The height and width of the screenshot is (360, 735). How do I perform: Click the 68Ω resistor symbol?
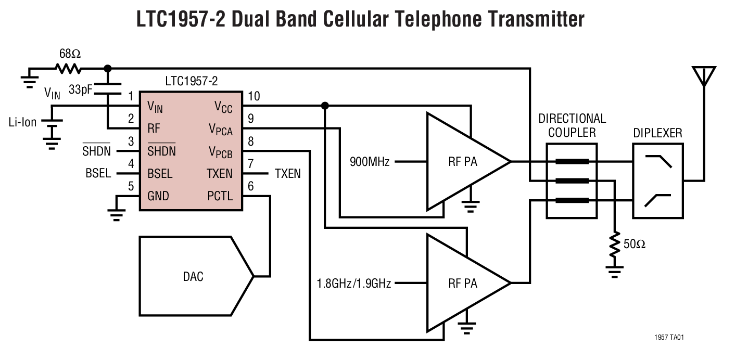(68, 69)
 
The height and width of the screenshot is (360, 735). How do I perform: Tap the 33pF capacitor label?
(80, 89)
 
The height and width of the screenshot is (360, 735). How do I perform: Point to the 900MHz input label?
(371, 162)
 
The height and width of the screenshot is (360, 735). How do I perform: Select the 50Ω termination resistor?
(616, 244)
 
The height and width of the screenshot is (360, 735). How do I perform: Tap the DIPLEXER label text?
(657, 134)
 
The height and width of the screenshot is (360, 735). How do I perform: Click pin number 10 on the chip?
(254, 96)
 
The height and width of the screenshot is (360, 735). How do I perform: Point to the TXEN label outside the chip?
(287, 174)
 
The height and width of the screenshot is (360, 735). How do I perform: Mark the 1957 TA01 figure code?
(669, 338)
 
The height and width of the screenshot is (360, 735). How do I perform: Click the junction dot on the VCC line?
(325, 106)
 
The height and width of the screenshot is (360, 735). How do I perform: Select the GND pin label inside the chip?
(158, 196)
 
